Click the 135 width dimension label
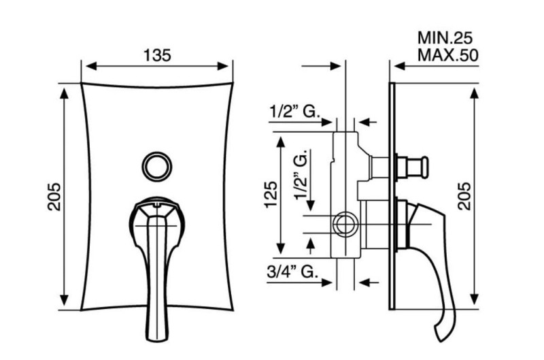[x=157, y=56]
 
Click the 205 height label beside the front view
[x=54, y=197]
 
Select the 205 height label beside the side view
[x=464, y=196]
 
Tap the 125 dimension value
[x=271, y=195]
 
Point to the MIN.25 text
[x=445, y=38]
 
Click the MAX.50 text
[x=448, y=55]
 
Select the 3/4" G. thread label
[x=292, y=272]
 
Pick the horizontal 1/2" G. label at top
[x=294, y=112]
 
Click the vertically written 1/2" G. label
[x=301, y=175]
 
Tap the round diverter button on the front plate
[x=157, y=166]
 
